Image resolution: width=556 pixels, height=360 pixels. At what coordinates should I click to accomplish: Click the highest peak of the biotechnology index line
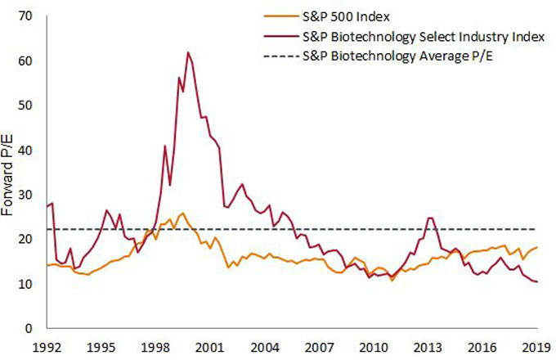point(188,52)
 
